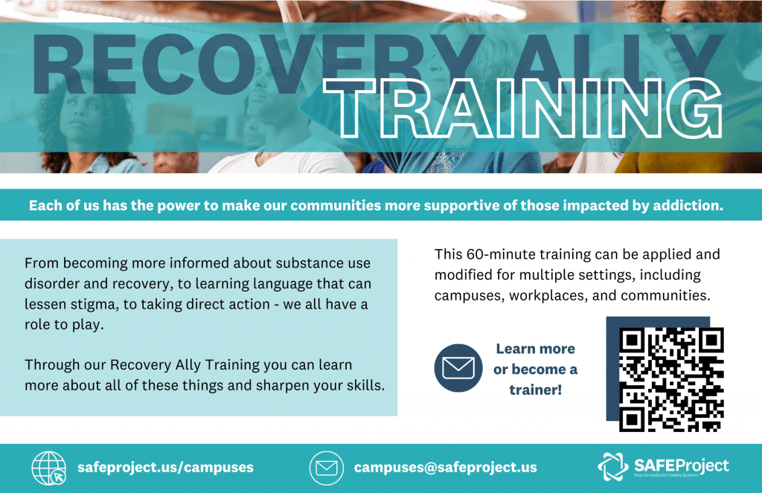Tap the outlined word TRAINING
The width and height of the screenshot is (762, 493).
point(523,109)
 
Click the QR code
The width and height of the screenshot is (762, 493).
point(671,379)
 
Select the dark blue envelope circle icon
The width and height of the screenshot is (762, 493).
point(458,368)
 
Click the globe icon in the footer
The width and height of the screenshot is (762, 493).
point(49,468)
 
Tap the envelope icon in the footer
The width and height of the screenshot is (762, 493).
point(327,468)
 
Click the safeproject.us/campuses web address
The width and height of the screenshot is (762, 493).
point(165,467)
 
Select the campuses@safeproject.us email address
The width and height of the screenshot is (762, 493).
point(445,467)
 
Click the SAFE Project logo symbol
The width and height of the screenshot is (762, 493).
point(613,467)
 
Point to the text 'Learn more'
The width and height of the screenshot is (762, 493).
point(536,349)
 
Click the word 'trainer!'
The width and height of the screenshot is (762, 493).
point(536,390)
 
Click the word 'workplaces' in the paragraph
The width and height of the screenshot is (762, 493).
point(548,295)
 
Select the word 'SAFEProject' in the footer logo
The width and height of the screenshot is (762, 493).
point(682,465)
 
